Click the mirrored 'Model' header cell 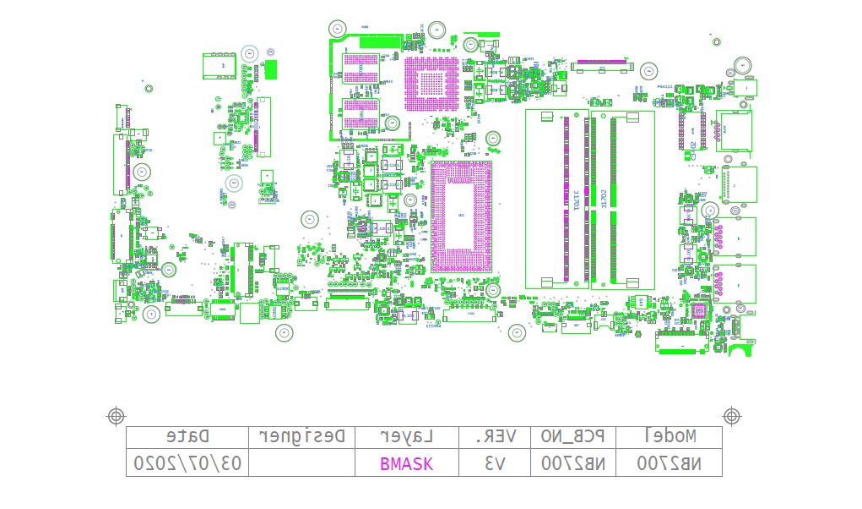670,436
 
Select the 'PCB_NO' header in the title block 573,436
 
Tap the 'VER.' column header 495,436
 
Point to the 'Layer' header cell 406,436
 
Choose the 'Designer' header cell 301,436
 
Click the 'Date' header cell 187,436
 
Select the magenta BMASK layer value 406,463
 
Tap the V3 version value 495,463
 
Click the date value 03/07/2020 187,463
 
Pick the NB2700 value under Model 670,463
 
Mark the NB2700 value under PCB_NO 573,463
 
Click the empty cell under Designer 301,463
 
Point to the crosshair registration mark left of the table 117,415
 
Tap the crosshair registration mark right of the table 731,415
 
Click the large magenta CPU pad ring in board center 460,216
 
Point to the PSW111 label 664,87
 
